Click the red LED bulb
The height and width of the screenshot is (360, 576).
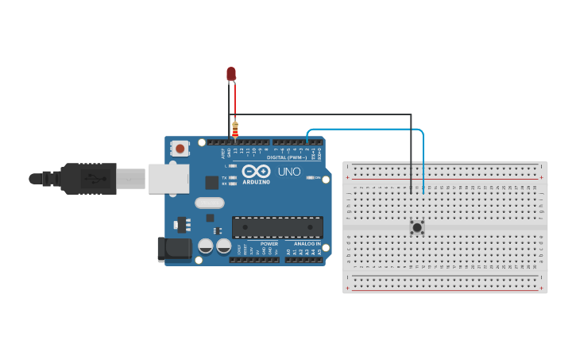[x=231, y=73]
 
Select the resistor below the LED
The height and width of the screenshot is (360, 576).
[x=235, y=129]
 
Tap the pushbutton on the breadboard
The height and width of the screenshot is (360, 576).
[x=416, y=227]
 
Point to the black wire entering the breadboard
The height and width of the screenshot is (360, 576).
[x=411, y=159]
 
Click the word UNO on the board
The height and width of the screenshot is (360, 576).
[x=289, y=171]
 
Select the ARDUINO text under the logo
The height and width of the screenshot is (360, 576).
[x=257, y=182]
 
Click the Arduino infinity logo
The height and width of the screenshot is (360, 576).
[x=257, y=171]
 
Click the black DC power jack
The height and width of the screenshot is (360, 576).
[x=174, y=249]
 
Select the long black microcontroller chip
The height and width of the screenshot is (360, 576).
[x=277, y=226]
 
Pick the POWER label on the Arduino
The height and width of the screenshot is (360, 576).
[x=269, y=244]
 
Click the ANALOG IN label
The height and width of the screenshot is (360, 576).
[x=307, y=244]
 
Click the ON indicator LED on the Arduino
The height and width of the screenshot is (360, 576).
[x=310, y=177]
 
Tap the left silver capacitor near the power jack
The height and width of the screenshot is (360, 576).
[x=205, y=246]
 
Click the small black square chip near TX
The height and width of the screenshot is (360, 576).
[x=211, y=182]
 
